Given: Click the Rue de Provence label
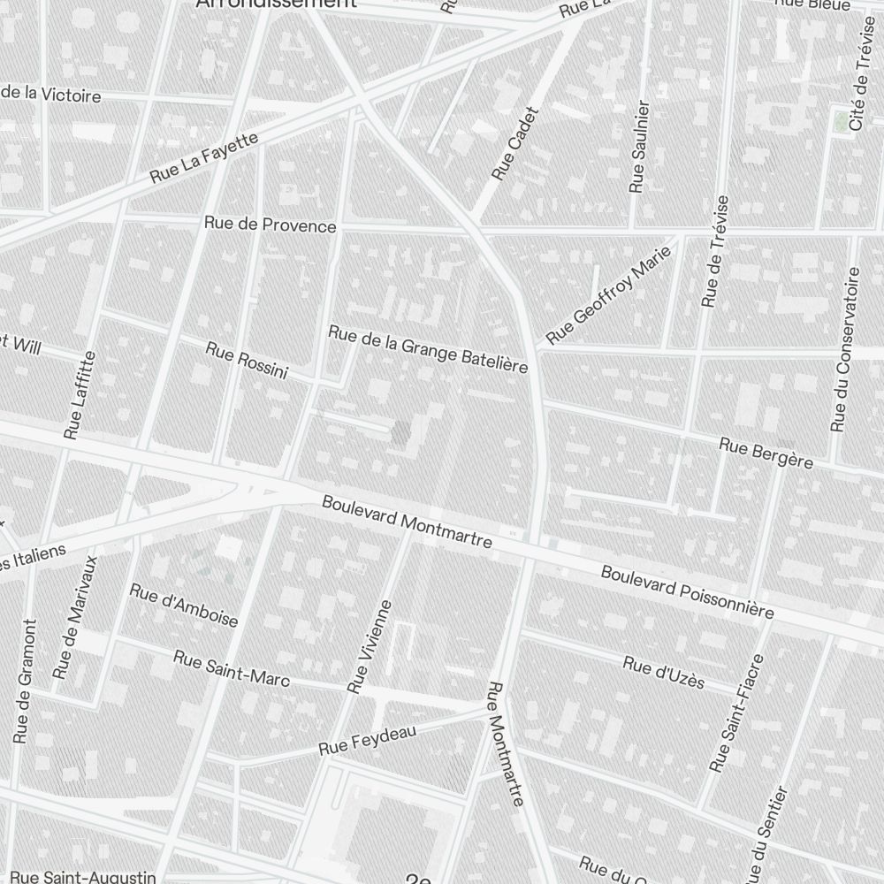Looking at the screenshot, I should click(x=270, y=225).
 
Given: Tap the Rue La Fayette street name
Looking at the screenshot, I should click(x=204, y=157).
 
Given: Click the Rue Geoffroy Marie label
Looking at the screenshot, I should click(x=609, y=295).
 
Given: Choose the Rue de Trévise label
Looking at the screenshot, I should click(x=714, y=251).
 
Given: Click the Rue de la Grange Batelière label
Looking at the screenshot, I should click(x=428, y=349).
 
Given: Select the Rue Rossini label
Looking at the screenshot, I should click(x=247, y=360).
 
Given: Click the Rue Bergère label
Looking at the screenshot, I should click(x=766, y=453).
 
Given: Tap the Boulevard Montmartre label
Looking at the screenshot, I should click(x=407, y=522).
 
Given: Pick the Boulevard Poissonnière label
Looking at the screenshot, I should click(x=687, y=592).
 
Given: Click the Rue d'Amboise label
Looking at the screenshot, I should click(x=184, y=605).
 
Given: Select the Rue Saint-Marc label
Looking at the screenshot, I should click(x=232, y=669).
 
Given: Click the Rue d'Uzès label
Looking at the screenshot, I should click(x=663, y=673).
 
